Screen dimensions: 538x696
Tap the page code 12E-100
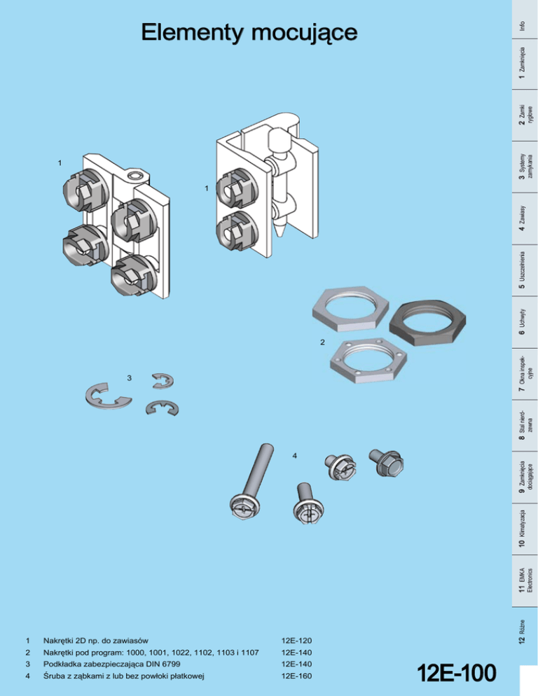coord(456,673)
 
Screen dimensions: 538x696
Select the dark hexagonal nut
coord(427,323)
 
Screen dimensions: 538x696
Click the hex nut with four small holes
coord(368,361)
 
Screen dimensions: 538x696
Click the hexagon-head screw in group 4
coord(387,462)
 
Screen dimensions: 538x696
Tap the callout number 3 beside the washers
coord(130,378)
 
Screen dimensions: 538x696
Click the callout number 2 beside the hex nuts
coord(322,342)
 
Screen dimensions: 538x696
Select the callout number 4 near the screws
coord(294,456)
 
